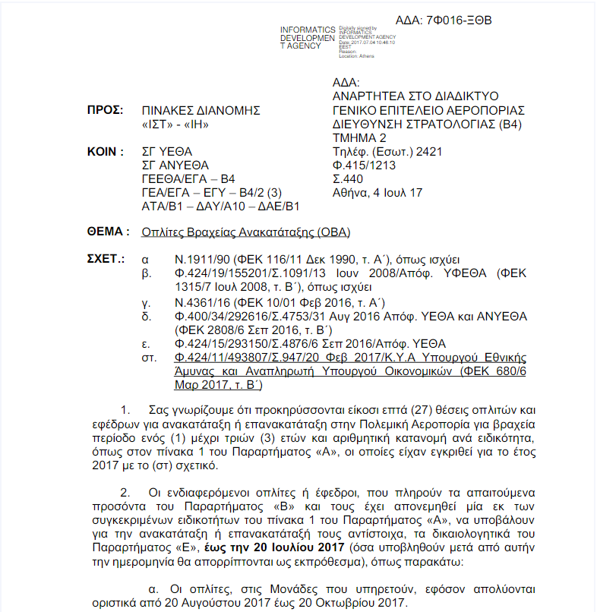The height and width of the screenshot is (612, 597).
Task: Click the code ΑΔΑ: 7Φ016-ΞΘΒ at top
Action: (x=444, y=21)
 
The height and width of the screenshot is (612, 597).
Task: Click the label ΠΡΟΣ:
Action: (x=105, y=110)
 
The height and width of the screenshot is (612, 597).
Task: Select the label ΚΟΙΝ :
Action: (x=106, y=151)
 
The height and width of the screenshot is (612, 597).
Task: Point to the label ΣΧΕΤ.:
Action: (x=106, y=259)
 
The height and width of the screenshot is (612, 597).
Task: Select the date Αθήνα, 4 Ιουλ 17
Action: (x=377, y=193)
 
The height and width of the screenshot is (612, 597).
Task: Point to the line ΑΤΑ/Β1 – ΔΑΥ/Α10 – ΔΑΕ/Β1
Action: (x=221, y=207)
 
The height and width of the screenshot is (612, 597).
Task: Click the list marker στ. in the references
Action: (x=149, y=358)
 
